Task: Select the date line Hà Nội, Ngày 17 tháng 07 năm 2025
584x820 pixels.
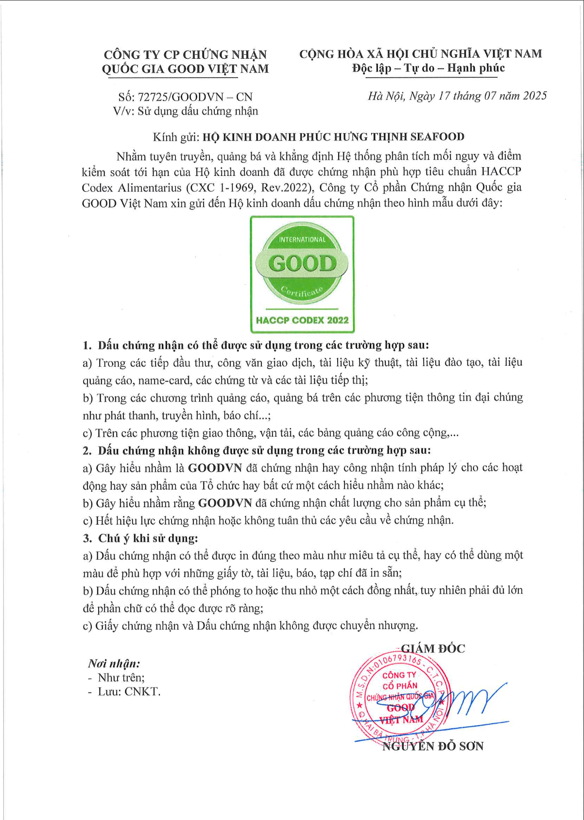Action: click(457, 96)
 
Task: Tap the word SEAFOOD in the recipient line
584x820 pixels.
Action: click(437, 137)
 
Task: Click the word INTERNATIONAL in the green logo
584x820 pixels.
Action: click(302, 239)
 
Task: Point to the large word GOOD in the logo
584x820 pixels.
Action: click(302, 263)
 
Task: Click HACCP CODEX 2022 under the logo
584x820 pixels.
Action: click(302, 320)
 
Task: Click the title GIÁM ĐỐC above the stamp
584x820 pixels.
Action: click(432, 649)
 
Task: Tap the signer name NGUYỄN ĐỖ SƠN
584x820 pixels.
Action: click(433, 746)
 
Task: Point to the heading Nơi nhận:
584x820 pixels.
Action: click(114, 664)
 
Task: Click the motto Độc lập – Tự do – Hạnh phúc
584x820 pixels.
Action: click(429, 68)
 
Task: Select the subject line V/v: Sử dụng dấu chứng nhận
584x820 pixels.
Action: click(186, 111)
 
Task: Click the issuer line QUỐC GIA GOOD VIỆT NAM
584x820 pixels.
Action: click(185, 69)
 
